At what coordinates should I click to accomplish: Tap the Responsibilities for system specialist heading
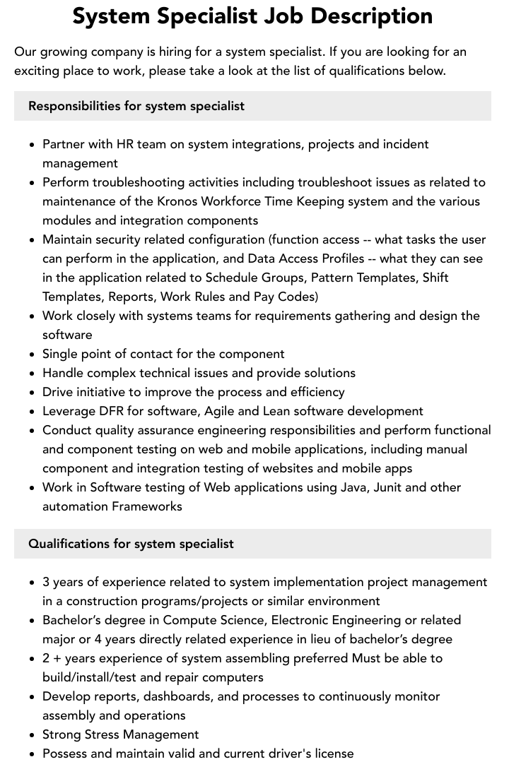(x=136, y=106)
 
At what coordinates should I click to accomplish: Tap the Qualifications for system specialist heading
(x=131, y=544)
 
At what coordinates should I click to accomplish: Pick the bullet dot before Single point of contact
(x=32, y=354)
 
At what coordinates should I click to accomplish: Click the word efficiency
(x=314, y=392)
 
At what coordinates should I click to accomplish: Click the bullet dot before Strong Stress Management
(x=32, y=735)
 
